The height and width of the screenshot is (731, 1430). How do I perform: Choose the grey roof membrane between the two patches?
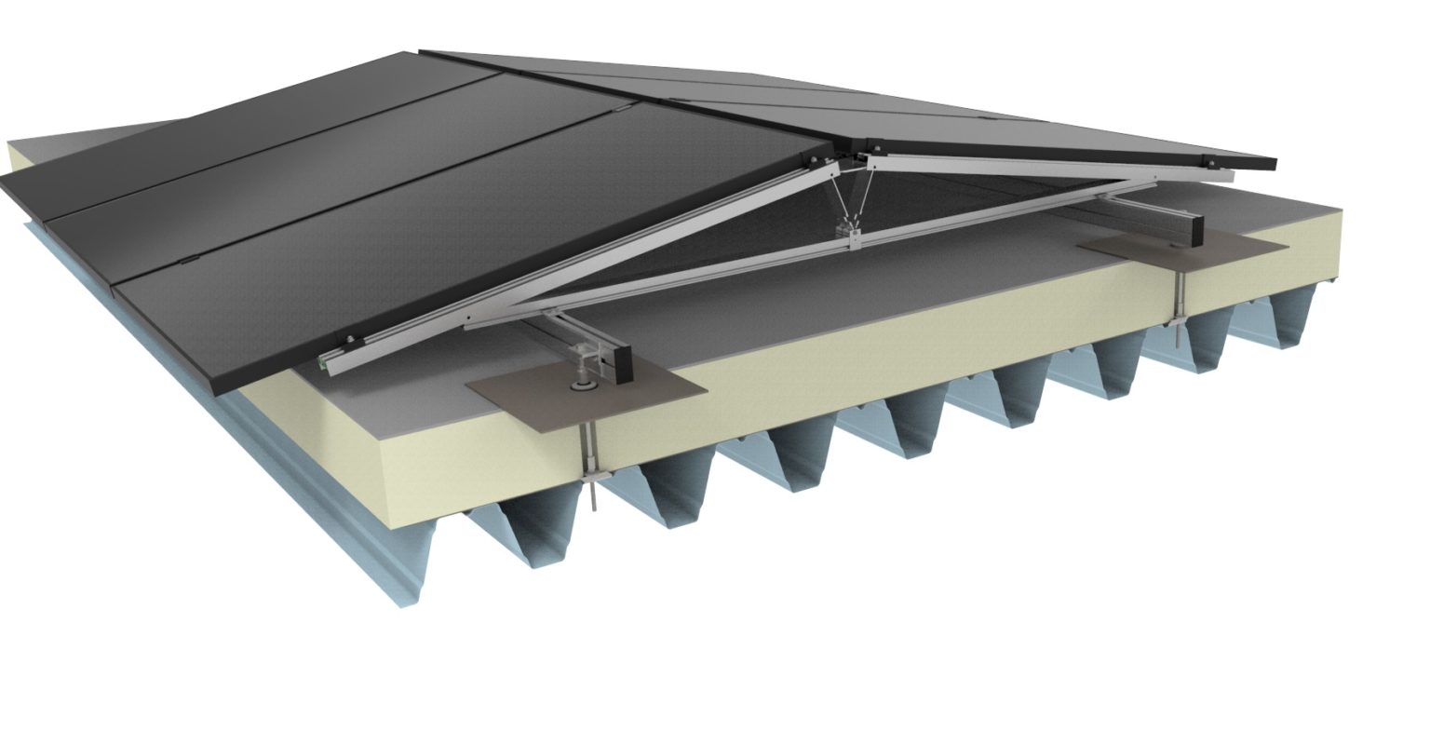[x=884, y=279]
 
